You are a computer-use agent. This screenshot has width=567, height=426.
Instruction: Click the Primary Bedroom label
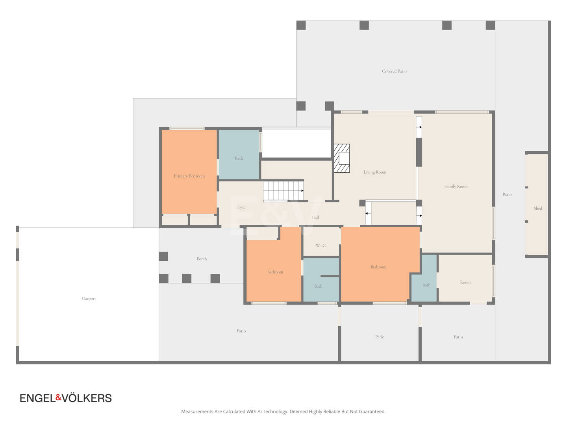tap(189, 176)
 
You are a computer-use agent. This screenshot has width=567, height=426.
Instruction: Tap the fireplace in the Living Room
tap(341, 158)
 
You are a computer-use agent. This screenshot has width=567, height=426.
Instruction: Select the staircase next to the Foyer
tap(283, 191)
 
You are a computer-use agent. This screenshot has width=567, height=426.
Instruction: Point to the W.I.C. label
tap(321, 245)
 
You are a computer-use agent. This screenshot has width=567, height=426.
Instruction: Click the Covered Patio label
tap(394, 71)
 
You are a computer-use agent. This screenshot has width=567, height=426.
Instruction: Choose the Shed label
tap(538, 209)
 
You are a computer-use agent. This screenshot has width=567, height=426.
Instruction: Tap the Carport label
tap(89, 299)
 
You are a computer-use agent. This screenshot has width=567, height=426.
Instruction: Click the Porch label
tap(202, 259)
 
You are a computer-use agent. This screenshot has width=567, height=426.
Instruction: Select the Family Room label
tap(456, 187)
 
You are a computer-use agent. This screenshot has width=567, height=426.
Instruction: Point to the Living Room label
tap(375, 172)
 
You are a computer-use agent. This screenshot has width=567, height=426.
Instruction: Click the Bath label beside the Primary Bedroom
tap(239, 158)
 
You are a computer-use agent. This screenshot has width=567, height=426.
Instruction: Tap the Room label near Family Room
tap(465, 282)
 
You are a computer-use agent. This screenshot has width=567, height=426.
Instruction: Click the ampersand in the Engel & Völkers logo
tap(59, 397)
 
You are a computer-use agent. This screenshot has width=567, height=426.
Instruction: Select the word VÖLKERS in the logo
tap(87, 398)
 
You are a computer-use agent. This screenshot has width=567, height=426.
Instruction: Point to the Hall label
tap(315, 217)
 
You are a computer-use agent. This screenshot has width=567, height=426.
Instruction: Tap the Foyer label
tap(241, 207)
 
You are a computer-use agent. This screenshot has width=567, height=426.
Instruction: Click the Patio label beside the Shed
tap(507, 194)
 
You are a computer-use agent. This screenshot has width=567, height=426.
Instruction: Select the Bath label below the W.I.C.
tap(318, 286)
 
